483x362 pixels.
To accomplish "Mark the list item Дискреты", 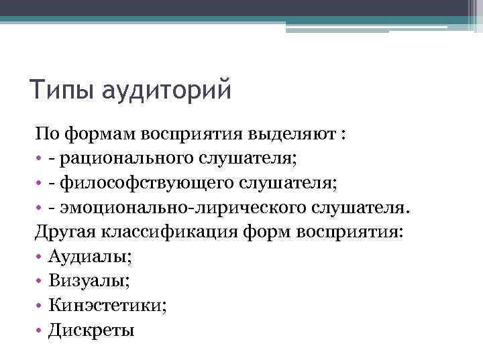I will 91,330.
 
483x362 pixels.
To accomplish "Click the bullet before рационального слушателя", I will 39,158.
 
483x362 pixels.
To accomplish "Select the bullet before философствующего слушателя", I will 39,183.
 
